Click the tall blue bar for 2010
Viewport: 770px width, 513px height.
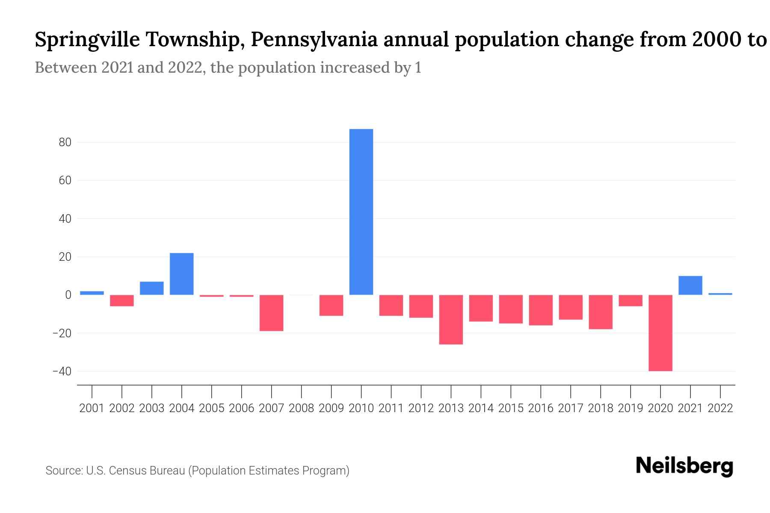click(x=361, y=212)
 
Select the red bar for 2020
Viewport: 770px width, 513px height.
click(x=660, y=333)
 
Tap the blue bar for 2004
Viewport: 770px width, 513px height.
click(x=182, y=274)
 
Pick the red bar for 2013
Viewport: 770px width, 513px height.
click(x=451, y=319)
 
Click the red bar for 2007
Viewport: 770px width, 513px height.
click(x=271, y=313)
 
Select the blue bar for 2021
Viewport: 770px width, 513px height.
click(x=690, y=285)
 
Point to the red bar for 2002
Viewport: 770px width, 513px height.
click(x=122, y=301)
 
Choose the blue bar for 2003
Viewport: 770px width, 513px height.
click(x=152, y=288)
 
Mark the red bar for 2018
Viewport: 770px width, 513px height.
click(x=601, y=312)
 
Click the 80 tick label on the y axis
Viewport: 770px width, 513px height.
click(x=65, y=142)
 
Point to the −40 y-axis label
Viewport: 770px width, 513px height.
click(x=62, y=371)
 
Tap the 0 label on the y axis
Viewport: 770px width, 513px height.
click(x=68, y=295)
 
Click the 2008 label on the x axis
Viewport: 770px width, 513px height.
click(x=301, y=408)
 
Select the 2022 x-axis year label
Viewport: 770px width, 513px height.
click(x=720, y=408)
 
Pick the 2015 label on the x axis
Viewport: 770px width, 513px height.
click(x=511, y=408)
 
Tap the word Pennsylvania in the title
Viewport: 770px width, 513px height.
click(x=314, y=40)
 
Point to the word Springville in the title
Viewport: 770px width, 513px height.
click(x=87, y=40)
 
